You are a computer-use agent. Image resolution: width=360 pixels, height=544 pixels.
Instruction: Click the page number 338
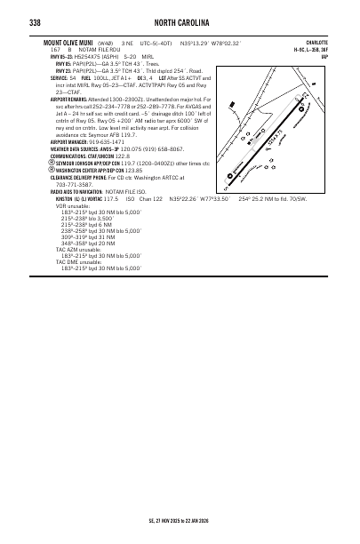coord(35,22)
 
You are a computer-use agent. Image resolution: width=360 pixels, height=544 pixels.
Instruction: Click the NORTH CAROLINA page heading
coord(180,22)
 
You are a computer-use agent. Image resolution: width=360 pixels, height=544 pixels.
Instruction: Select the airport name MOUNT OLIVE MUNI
coord(70,42)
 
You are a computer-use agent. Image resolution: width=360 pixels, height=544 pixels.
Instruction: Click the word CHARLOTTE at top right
coord(317,42)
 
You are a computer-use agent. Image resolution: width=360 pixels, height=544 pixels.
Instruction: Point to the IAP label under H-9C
coord(324,57)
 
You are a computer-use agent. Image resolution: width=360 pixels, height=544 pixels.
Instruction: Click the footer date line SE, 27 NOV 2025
coord(180,519)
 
